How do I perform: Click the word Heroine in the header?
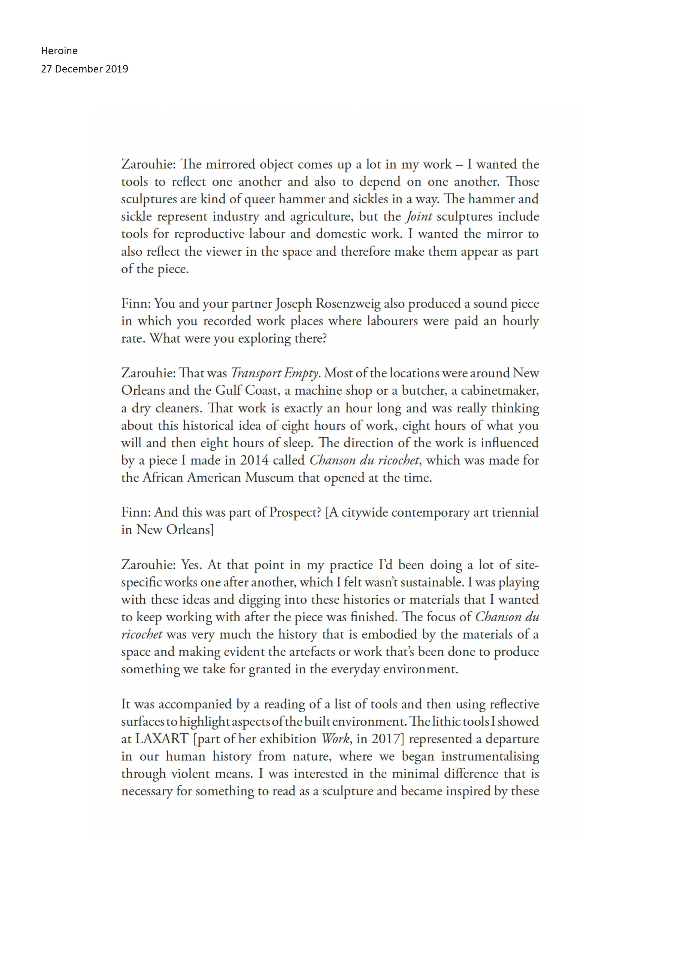coord(59,51)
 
